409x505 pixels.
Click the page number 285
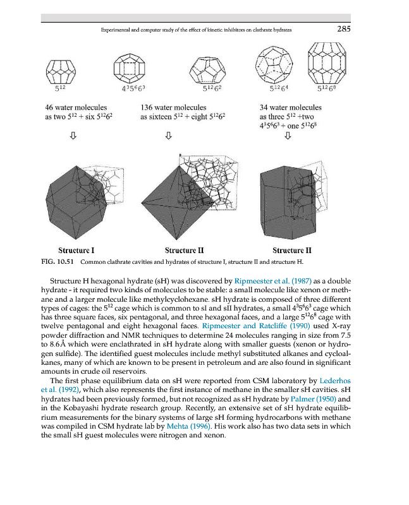point(344,29)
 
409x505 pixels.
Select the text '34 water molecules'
point(290,108)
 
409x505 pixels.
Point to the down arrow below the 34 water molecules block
point(288,135)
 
